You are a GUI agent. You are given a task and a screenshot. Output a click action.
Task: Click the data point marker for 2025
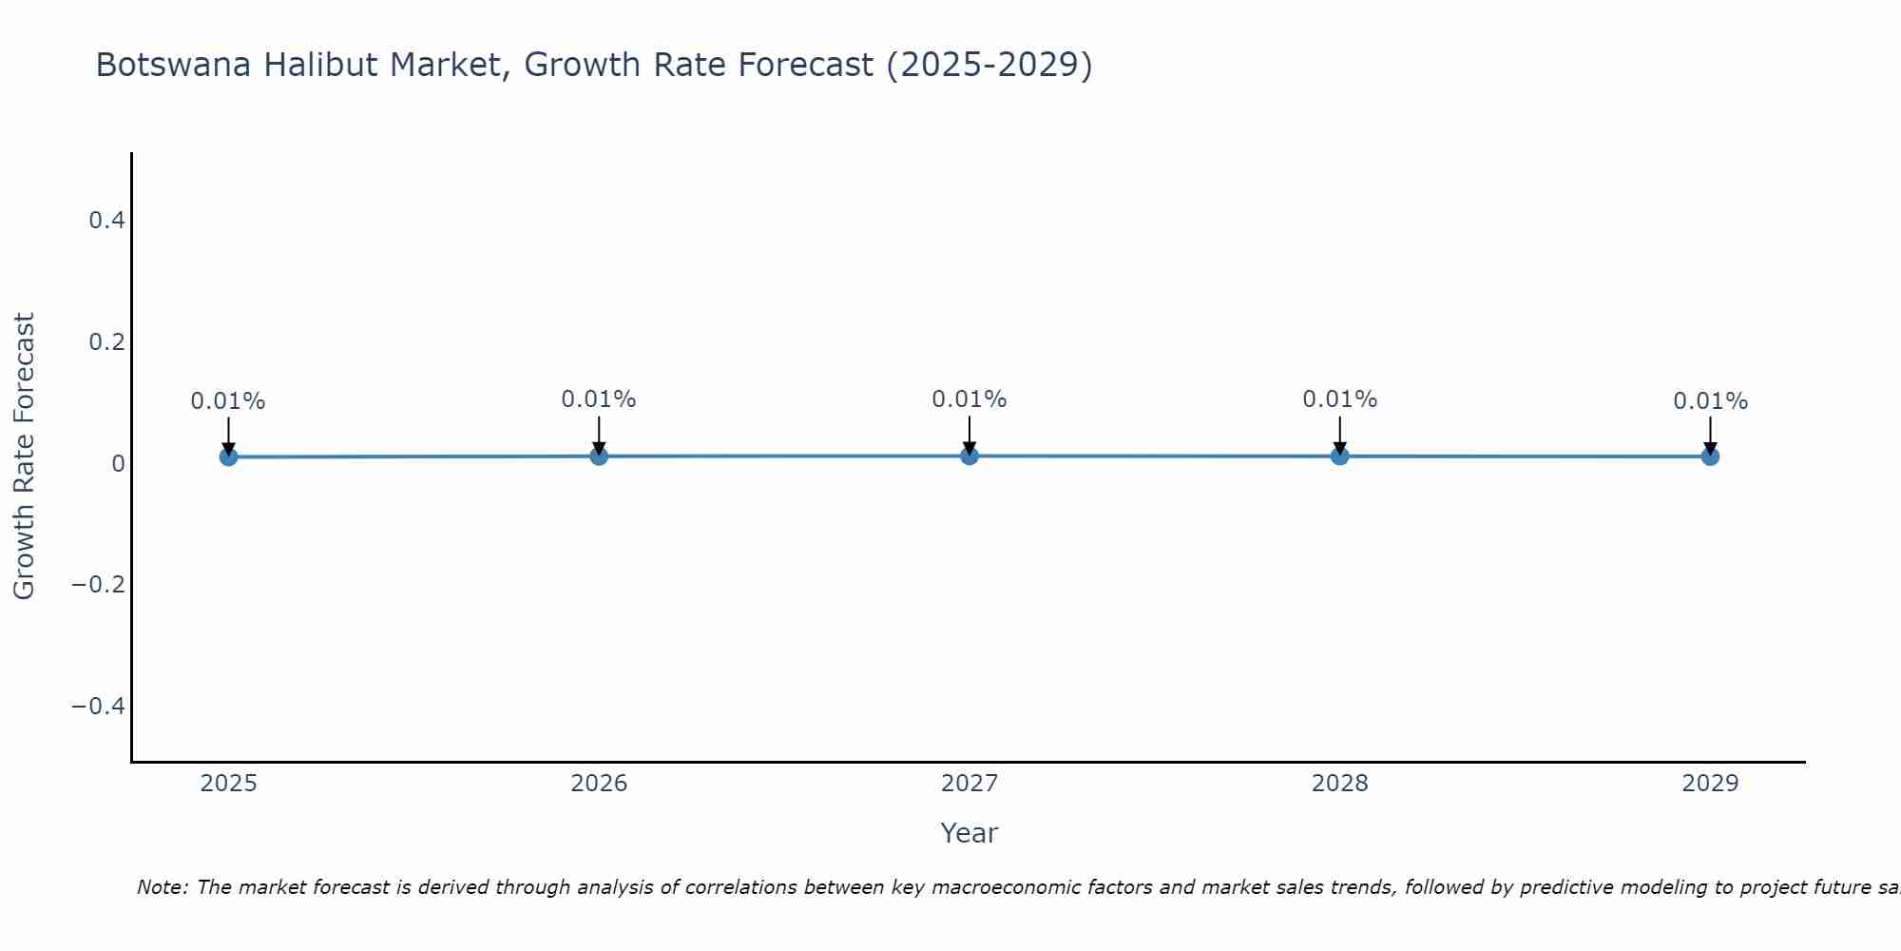(x=228, y=456)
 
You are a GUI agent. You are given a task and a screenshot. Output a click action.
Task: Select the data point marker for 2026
(x=599, y=456)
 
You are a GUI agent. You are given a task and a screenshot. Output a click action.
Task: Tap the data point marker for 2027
(x=970, y=456)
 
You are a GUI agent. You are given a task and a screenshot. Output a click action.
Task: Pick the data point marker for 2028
(x=1339, y=456)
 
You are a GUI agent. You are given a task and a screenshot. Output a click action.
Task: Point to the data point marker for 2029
(x=1710, y=456)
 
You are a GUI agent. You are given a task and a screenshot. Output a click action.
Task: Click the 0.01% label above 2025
(x=228, y=401)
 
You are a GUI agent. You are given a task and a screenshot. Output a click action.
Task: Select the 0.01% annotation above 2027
(x=970, y=399)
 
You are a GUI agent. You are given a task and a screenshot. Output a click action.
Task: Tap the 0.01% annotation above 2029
(x=1710, y=401)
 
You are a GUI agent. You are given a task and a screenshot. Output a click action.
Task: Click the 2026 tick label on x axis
(x=599, y=784)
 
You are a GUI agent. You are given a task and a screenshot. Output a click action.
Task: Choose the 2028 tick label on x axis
(x=1339, y=784)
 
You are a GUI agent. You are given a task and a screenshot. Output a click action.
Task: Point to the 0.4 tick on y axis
(x=106, y=221)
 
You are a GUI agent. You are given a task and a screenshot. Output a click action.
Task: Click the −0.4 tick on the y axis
(x=99, y=706)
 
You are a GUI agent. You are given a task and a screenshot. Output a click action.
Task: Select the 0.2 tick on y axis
(x=106, y=341)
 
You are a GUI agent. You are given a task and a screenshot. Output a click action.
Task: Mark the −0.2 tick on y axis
(x=99, y=584)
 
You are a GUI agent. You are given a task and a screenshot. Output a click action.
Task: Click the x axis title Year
(x=969, y=833)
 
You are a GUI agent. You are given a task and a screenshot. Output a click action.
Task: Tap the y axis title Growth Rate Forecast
(x=24, y=456)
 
